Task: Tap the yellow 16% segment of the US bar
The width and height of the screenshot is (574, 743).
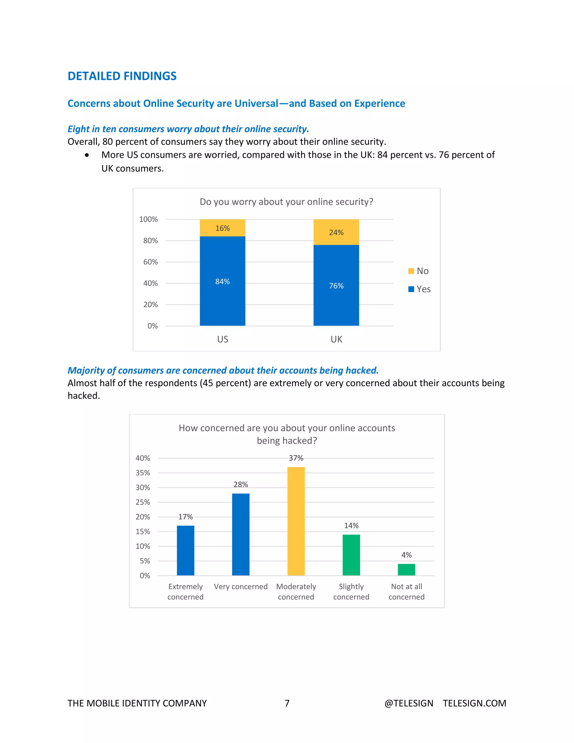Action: click(x=222, y=228)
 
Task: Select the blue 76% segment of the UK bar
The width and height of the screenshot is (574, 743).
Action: click(x=336, y=285)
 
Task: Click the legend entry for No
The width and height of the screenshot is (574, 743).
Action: click(x=419, y=271)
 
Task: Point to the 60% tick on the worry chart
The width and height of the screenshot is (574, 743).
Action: click(x=150, y=262)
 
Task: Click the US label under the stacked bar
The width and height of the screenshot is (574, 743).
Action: click(x=222, y=339)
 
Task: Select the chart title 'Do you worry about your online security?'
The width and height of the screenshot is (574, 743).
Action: click(x=286, y=202)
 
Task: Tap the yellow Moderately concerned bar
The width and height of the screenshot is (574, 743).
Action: click(x=296, y=521)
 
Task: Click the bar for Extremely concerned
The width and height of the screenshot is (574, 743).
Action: click(x=185, y=550)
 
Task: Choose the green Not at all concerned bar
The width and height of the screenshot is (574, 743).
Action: click(x=406, y=569)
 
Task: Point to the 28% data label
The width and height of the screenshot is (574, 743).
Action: click(x=240, y=484)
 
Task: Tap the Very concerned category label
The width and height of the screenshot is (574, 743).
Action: click(x=240, y=587)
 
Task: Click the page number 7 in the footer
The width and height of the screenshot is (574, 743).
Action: click(x=287, y=703)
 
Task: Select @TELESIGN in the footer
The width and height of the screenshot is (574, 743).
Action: click(x=409, y=703)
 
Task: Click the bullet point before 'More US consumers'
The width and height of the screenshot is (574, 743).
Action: click(x=87, y=155)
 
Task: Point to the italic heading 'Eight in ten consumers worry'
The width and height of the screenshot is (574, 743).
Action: click(x=188, y=129)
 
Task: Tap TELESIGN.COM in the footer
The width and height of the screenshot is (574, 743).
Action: click(x=475, y=703)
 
